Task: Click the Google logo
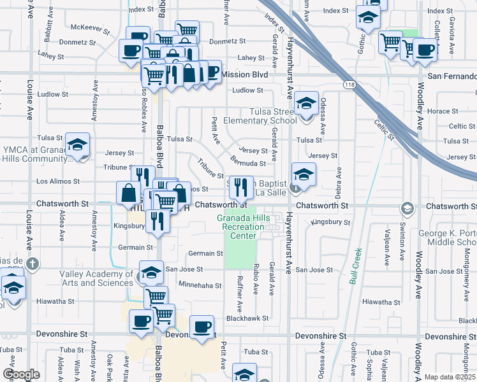[x=21, y=374]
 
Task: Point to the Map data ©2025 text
[x=450, y=377]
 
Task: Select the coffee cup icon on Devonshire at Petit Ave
[x=202, y=327]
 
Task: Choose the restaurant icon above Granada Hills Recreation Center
[x=240, y=186]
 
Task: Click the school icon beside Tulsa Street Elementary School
[x=307, y=104]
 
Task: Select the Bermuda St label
[x=248, y=164]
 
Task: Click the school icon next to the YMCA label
[x=77, y=146]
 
